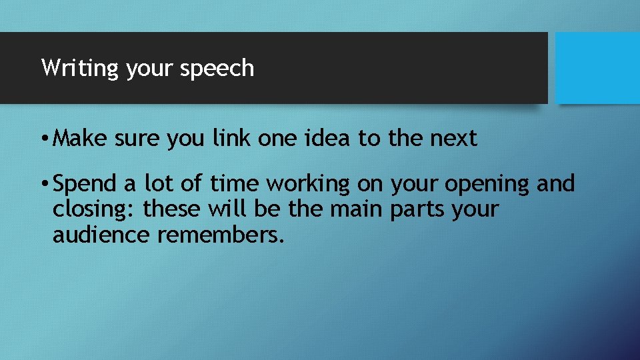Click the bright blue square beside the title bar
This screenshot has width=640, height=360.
[597, 68]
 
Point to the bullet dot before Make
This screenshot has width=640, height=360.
[43, 139]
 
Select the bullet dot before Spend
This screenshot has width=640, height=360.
[43, 183]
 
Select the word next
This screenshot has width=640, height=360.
[453, 139]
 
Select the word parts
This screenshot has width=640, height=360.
[416, 209]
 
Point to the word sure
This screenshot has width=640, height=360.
[138, 139]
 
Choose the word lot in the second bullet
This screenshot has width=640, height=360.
[156, 183]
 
